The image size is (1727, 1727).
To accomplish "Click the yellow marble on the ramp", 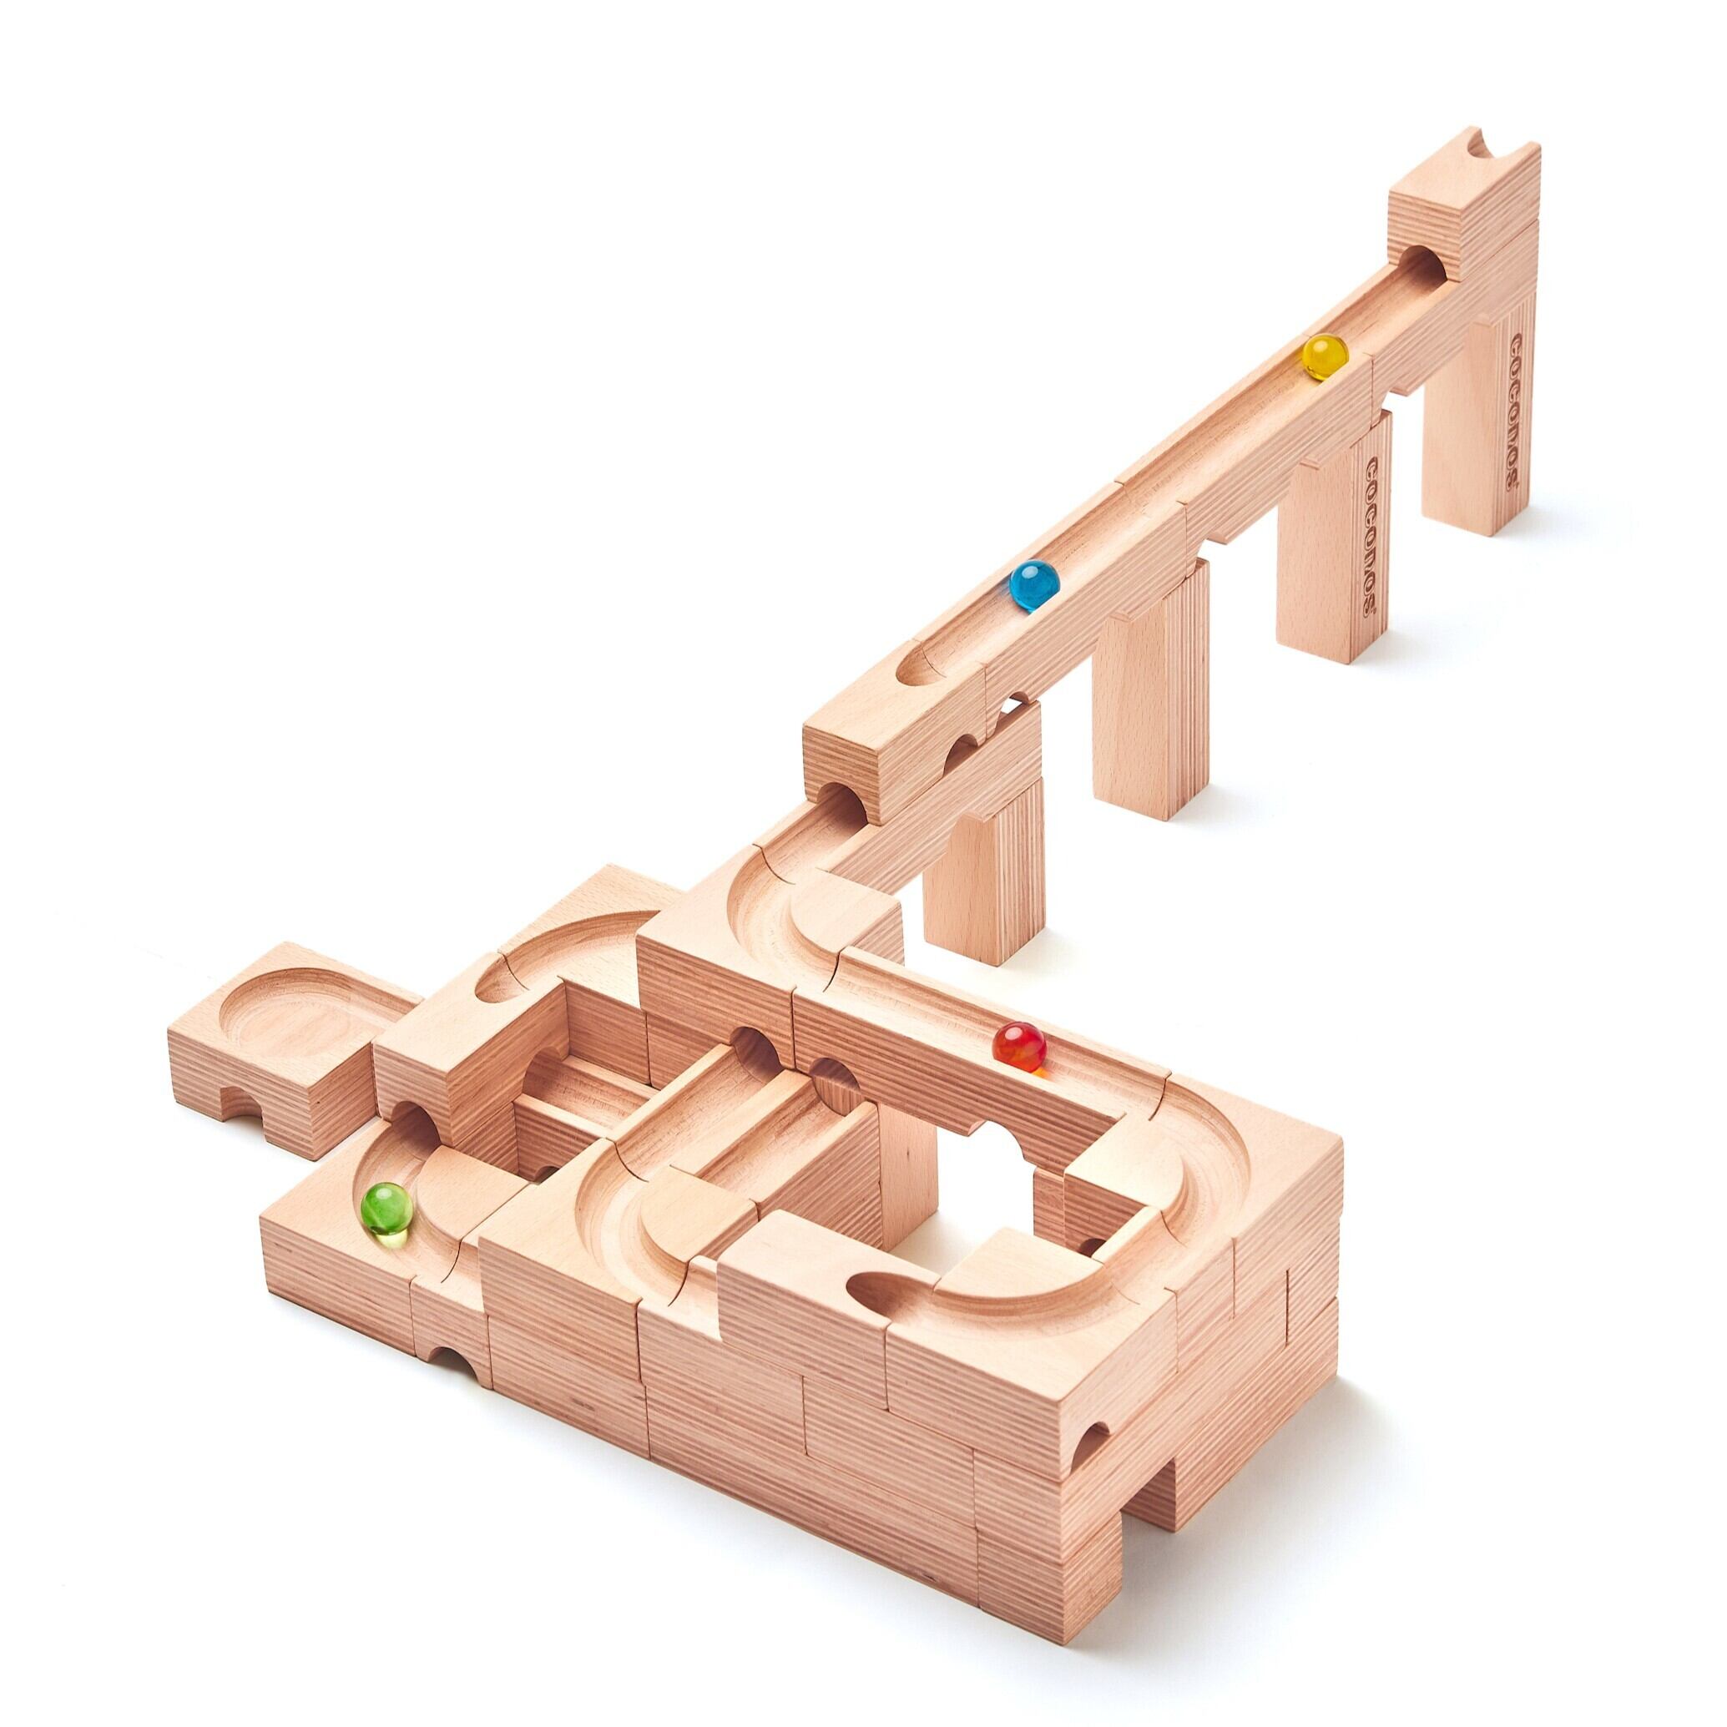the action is coord(1325,356).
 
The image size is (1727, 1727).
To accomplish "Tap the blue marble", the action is coord(1034,584).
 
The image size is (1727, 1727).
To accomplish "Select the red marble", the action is coord(1019,1047).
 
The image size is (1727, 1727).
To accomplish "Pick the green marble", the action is coord(386,1211).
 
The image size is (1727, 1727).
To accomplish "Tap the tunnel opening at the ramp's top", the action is coord(1424,266).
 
